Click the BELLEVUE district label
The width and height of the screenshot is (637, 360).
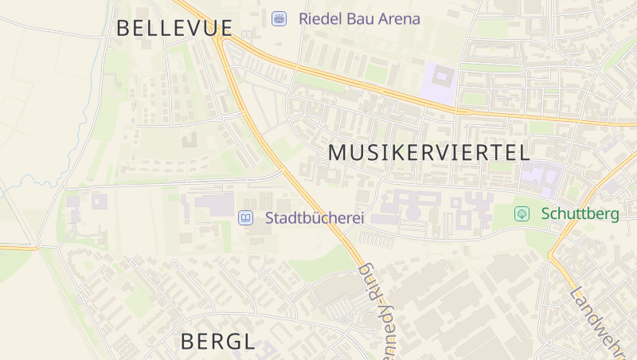tap(174, 28)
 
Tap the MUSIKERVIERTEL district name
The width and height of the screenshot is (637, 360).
tap(428, 153)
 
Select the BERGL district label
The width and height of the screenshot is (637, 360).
tap(217, 342)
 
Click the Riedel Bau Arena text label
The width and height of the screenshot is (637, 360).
tap(359, 18)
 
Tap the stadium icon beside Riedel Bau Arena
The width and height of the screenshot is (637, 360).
tap(279, 18)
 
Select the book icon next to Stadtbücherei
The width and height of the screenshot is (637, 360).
tap(247, 217)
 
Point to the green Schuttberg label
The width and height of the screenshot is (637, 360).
tap(580, 213)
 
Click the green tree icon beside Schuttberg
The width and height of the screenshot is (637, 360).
tap(522, 213)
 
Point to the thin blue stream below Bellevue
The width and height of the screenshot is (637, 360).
tap(88, 104)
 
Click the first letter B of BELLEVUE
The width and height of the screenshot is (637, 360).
tap(124, 28)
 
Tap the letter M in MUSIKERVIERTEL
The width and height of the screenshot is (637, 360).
tap(338, 153)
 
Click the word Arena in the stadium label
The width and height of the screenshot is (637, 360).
tap(400, 18)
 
